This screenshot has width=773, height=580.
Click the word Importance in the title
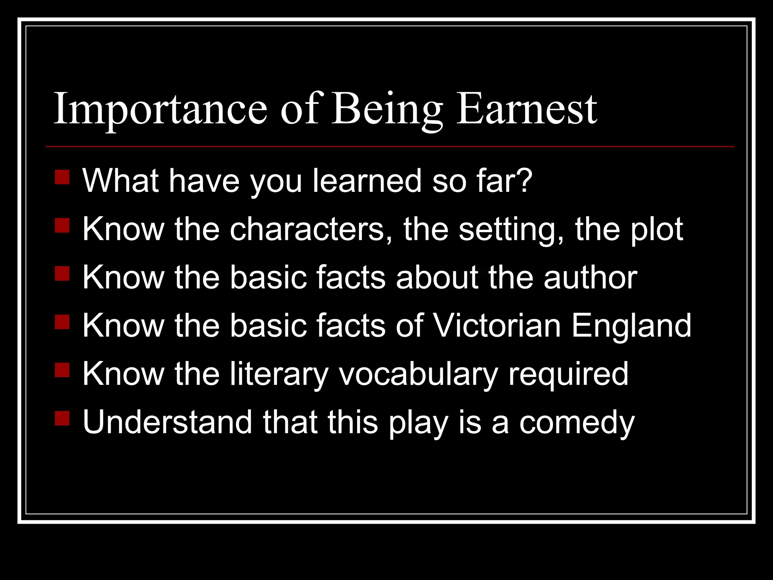coord(160,110)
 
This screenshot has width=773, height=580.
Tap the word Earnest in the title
coord(527,110)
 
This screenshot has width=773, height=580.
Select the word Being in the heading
coord(386,110)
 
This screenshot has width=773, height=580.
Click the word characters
coord(311,229)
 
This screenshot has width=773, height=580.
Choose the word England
coord(631,325)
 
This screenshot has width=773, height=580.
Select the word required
coord(568,374)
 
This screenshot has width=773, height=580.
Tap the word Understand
coord(167,422)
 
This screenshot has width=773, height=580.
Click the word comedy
coord(577,422)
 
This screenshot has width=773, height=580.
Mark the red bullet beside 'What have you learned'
coord(62,177)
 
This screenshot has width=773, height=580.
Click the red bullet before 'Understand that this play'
coord(62,418)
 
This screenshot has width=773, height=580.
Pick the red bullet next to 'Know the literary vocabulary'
coord(62,370)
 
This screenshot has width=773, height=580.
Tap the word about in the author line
coord(437,278)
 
